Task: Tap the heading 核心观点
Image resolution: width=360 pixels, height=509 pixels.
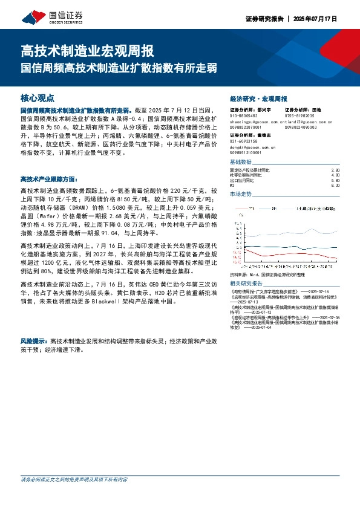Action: tap(38, 97)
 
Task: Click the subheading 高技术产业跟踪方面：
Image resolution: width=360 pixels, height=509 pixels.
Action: tap(49, 179)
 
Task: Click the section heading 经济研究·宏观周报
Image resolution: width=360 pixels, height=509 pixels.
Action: tap(259, 98)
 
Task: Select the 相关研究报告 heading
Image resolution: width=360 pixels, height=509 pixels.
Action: tap(247, 283)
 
